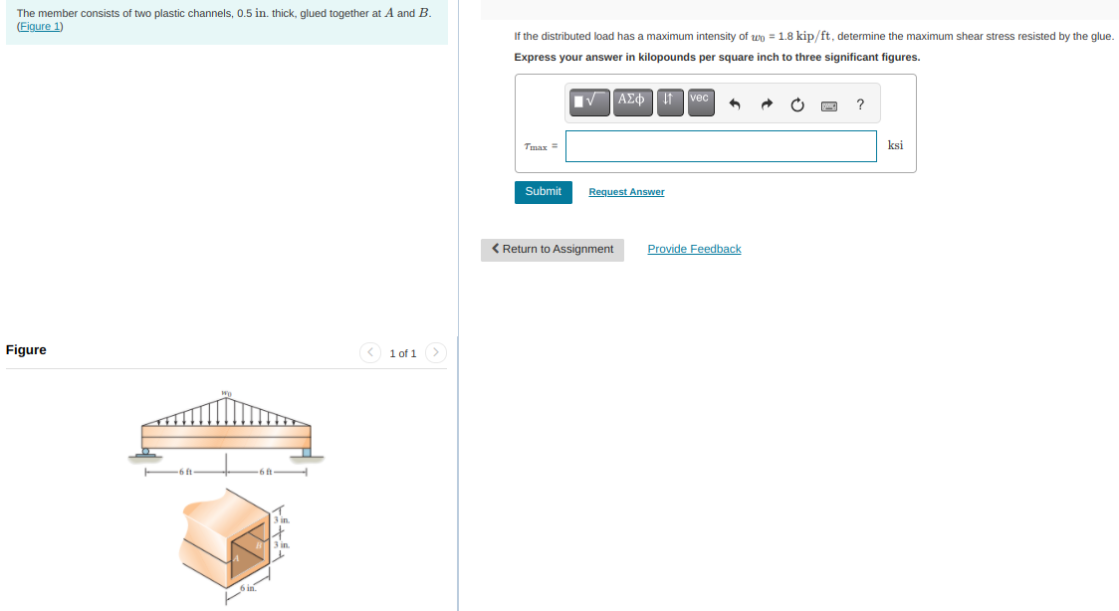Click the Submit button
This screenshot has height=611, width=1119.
point(543,191)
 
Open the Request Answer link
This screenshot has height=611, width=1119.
point(626,192)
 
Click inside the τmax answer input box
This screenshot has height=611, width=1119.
point(721,146)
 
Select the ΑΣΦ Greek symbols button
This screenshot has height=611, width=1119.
point(632,101)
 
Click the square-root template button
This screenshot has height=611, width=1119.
point(589,101)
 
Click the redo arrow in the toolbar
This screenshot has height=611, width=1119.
point(767,104)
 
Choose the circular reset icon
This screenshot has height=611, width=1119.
point(797,104)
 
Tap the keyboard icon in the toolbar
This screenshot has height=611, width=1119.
point(828,104)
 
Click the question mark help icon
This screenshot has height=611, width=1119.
point(860,104)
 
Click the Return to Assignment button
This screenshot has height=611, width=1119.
point(553,250)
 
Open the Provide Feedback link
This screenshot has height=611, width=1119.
point(694,249)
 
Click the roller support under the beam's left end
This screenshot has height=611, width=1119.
point(145,454)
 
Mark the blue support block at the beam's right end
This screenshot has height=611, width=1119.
point(307,453)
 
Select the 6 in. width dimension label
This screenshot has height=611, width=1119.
point(247,589)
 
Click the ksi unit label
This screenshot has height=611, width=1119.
point(895,145)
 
